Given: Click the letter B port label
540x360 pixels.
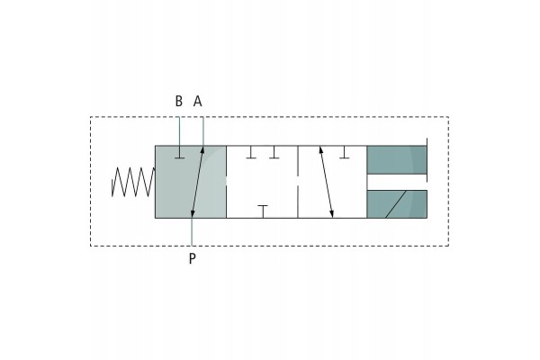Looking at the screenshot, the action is click(x=179, y=102).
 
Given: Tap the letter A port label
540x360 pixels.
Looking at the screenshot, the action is click(x=198, y=102).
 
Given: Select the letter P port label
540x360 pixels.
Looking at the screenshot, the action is click(x=193, y=258).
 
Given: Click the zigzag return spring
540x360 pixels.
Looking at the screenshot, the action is click(x=133, y=182).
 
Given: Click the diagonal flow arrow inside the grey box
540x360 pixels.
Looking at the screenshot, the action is click(x=198, y=182).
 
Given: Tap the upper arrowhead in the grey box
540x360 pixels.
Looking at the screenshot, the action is click(x=202, y=150).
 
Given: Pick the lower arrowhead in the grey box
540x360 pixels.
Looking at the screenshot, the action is click(x=193, y=214).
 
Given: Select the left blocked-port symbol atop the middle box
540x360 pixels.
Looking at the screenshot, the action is click(x=251, y=152).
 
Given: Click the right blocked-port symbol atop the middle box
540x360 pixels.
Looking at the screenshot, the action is click(x=274, y=152).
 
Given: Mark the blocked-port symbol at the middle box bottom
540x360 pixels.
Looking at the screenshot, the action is click(x=263, y=211).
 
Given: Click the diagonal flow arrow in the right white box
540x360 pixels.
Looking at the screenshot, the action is click(x=327, y=182).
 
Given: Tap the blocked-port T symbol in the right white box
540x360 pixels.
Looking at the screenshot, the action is click(x=345, y=152).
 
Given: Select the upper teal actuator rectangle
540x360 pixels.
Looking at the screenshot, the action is click(x=397, y=160).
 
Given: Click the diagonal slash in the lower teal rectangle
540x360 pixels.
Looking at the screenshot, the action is click(x=396, y=204).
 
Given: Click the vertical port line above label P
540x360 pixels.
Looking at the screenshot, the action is click(x=192, y=232).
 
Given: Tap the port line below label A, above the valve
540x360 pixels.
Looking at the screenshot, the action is click(x=202, y=131).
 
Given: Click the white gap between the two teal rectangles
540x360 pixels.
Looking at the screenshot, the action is click(x=397, y=182).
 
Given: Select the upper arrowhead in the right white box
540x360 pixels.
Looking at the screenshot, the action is click(x=320, y=150).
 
